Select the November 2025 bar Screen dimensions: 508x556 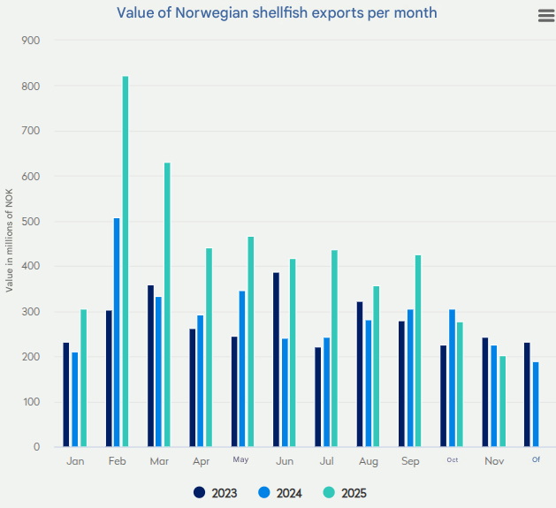pyautogui.click(x=503, y=401)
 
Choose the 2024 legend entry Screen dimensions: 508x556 pyautogui.click(x=280, y=493)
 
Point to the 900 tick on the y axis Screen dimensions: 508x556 pyautogui.click(x=29, y=41)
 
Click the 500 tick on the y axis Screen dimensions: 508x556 pyautogui.click(x=29, y=222)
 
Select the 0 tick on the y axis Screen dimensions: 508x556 pyautogui.click(x=36, y=447)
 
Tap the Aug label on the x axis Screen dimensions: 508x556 pyautogui.click(x=368, y=462)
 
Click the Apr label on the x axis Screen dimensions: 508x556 pyautogui.click(x=201, y=462)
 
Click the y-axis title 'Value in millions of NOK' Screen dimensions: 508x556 pyautogui.click(x=10, y=244)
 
